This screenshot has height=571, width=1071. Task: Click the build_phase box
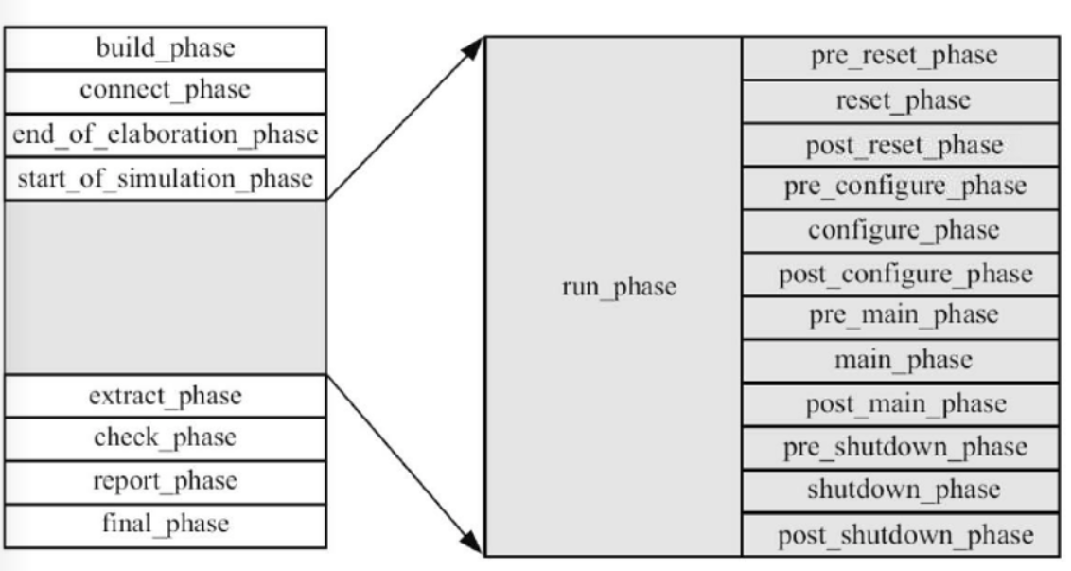[166, 48]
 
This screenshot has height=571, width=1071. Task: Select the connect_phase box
[166, 92]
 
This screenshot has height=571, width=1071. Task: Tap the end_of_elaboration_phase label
[166, 134]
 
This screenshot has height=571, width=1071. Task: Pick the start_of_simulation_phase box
[166, 178]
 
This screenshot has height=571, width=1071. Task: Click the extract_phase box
[166, 396]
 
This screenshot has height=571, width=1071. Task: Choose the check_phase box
[166, 439]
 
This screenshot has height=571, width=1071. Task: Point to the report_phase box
[166, 483]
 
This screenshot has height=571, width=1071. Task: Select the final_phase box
[166, 526]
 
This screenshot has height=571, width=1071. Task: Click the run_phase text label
[619, 287]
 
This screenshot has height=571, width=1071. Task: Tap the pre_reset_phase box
[901, 58]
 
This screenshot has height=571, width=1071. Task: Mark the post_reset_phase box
[901, 145]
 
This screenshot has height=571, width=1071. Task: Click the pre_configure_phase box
[901, 188]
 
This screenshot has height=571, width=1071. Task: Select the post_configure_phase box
[901, 275]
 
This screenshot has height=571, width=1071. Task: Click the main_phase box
[901, 361]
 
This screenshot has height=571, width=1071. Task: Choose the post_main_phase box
[901, 405]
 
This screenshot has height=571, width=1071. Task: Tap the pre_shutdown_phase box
[901, 448]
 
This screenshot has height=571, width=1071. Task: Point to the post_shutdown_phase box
[901, 535]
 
